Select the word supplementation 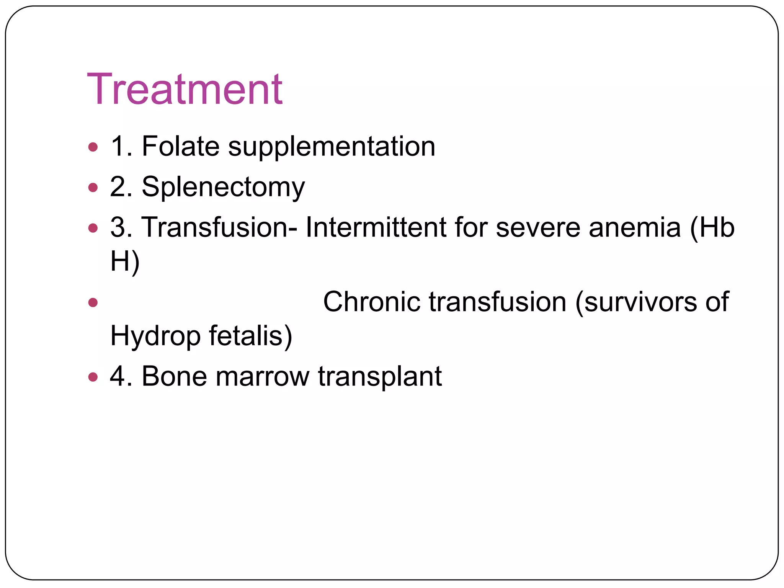[x=332, y=147]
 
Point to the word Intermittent [x=376, y=227]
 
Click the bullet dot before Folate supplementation [x=93, y=147]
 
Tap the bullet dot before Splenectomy [x=93, y=188]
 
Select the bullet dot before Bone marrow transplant [x=93, y=377]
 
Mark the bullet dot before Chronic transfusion [x=93, y=303]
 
